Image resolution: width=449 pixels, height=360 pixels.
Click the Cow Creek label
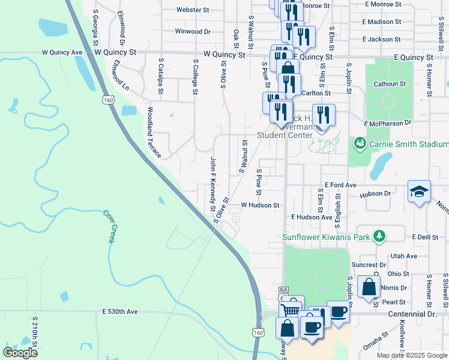point(108,226)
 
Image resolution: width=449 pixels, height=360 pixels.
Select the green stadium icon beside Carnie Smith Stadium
point(360,143)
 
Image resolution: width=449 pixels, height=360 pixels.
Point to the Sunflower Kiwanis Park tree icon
point(378,236)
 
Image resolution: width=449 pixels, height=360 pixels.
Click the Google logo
point(20,353)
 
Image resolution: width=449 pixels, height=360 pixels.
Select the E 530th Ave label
point(120,312)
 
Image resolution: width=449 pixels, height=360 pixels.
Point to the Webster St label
point(193,10)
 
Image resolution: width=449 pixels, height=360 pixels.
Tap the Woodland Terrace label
point(154,133)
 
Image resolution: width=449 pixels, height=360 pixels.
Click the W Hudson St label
point(260,205)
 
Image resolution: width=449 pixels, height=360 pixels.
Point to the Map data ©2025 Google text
point(411,355)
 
